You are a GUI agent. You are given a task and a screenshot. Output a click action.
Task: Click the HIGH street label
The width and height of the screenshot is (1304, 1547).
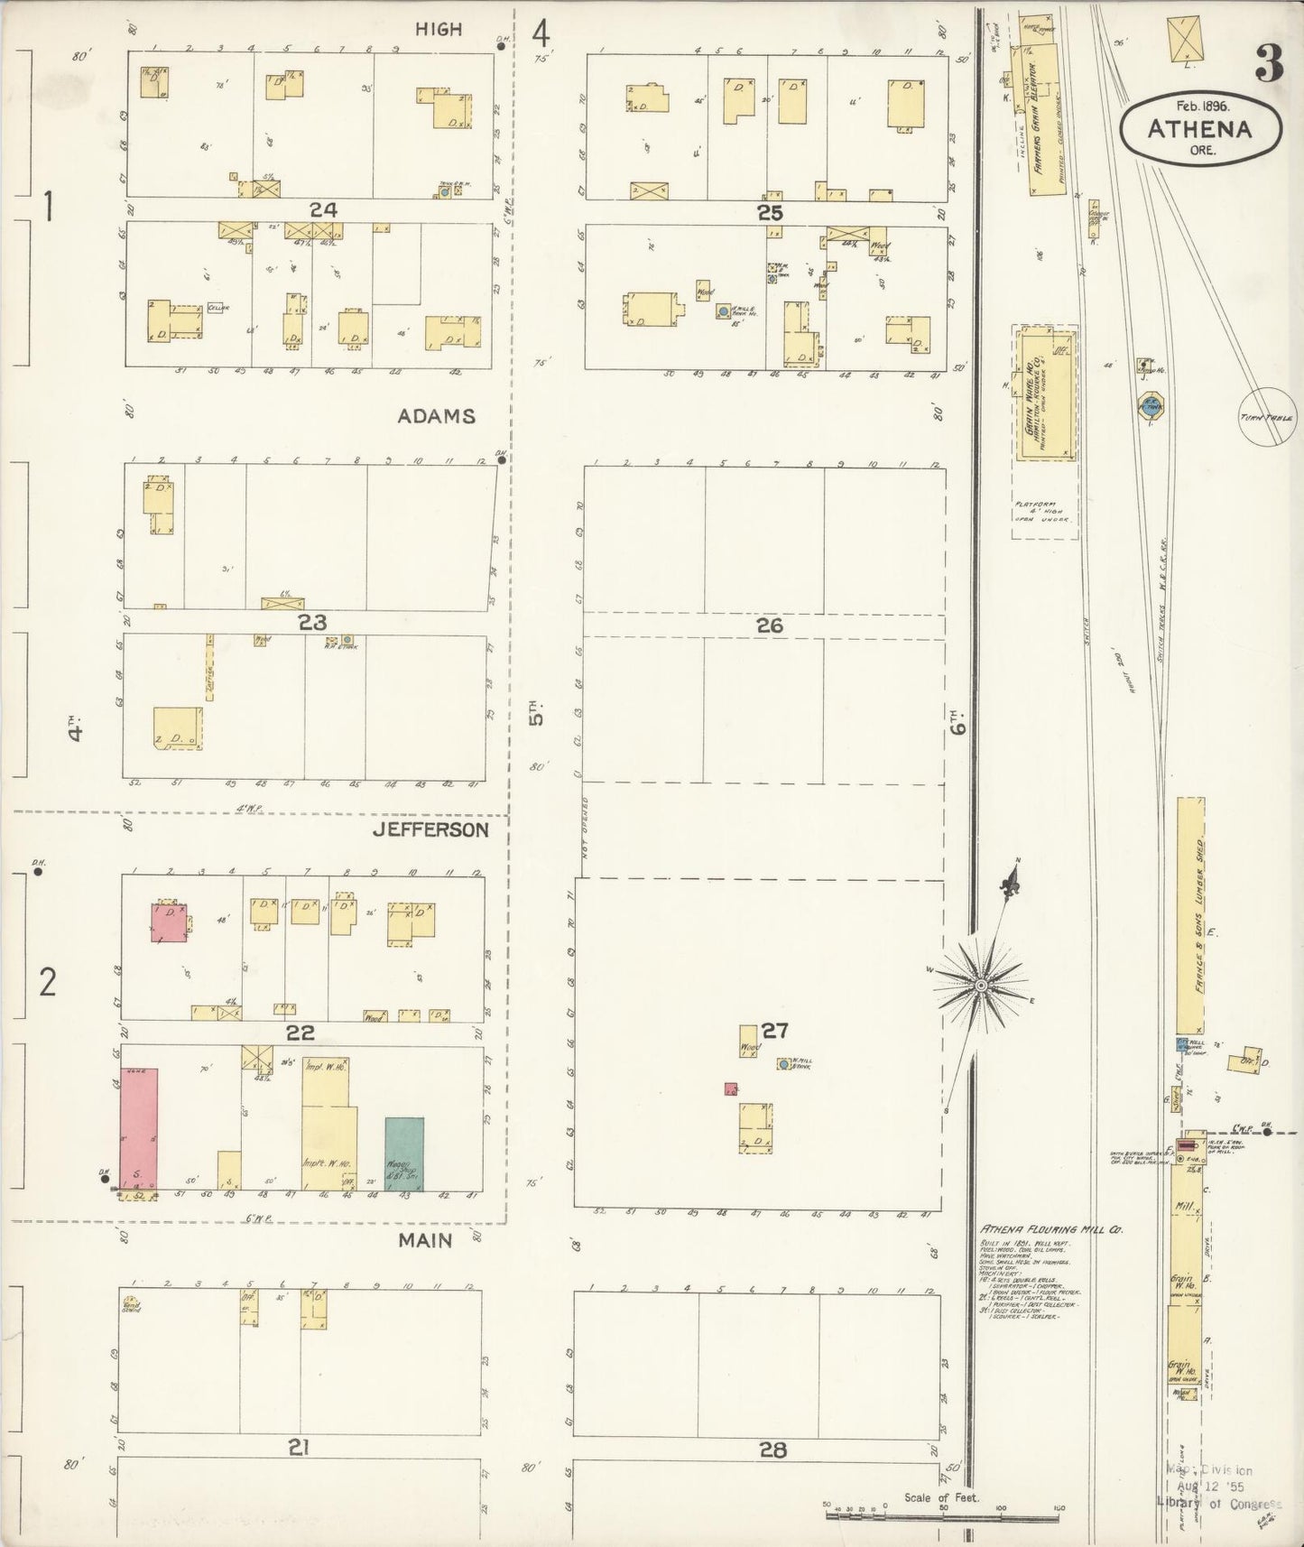click(439, 30)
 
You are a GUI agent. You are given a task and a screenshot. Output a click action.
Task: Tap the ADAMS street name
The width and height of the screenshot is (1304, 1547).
click(437, 416)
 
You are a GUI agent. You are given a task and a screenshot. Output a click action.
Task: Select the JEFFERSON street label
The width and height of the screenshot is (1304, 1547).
click(431, 829)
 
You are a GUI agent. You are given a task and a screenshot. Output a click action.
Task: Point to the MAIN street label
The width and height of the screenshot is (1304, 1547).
click(426, 1240)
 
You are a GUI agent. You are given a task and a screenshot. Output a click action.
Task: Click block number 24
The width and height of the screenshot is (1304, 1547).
click(323, 209)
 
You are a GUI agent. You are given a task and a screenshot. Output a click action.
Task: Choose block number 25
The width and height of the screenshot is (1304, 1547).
click(770, 213)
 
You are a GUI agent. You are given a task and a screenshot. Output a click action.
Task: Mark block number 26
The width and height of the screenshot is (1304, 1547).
click(770, 625)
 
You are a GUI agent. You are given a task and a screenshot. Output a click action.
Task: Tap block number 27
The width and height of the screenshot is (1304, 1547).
click(774, 1030)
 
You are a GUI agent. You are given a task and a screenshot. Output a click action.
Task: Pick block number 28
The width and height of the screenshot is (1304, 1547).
click(772, 1450)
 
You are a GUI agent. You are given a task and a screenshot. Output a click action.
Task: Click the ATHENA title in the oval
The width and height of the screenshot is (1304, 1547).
click(1199, 129)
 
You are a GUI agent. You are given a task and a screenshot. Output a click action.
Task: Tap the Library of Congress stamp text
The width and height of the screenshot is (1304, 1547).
click(1218, 1504)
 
